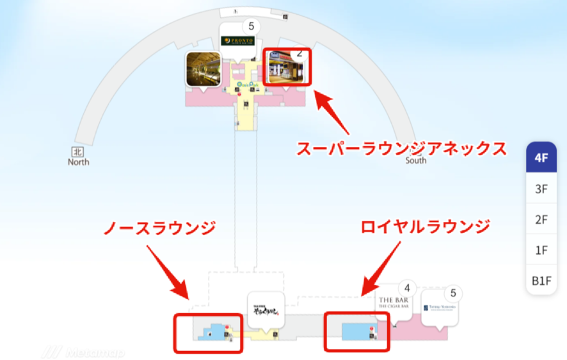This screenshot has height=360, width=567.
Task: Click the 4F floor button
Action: click(x=541, y=158)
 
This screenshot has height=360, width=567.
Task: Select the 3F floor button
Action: click(x=541, y=189)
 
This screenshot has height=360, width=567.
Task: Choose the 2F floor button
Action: click(x=541, y=220)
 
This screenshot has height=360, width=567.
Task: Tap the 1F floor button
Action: click(x=541, y=251)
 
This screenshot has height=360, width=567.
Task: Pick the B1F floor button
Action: click(x=541, y=281)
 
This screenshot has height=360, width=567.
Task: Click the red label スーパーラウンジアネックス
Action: click(x=402, y=150)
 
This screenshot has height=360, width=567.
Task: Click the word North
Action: click(x=78, y=162)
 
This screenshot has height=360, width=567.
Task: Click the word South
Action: click(x=416, y=160)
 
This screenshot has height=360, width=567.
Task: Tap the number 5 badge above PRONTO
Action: click(x=251, y=26)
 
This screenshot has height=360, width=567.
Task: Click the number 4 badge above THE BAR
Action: click(x=407, y=288)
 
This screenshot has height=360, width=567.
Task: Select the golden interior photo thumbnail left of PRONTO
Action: click(x=203, y=69)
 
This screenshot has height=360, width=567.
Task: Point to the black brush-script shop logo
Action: click(x=266, y=309)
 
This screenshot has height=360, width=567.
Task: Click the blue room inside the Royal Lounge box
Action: click(x=352, y=331)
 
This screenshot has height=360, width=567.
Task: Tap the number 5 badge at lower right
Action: click(x=454, y=293)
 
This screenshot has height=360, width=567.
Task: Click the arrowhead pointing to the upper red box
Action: click(x=320, y=96)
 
